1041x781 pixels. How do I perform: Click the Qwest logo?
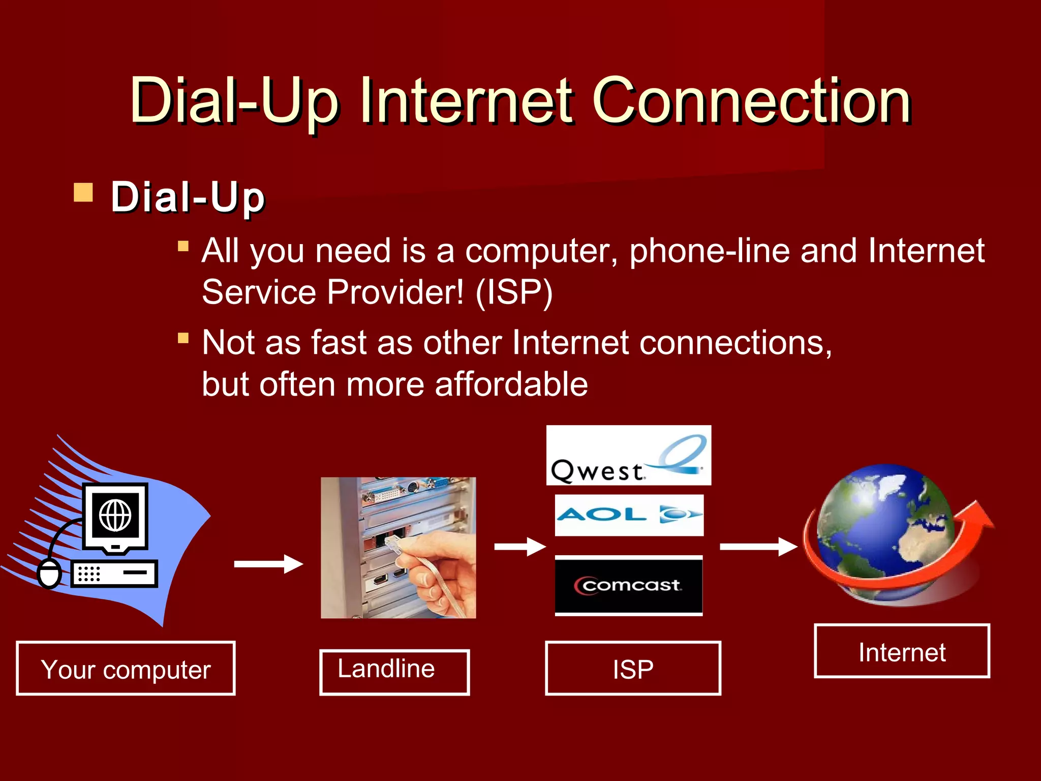(628, 456)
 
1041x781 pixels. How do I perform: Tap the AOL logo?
(629, 515)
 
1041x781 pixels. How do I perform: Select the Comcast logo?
(629, 585)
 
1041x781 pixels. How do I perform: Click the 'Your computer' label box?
(126, 669)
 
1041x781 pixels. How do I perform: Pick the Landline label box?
(394, 672)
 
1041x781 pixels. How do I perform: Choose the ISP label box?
(633, 669)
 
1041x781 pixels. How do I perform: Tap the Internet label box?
(902, 651)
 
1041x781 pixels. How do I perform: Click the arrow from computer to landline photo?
(268, 564)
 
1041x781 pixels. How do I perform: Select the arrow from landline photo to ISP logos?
(519, 547)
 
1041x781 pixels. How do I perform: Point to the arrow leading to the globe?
(758, 547)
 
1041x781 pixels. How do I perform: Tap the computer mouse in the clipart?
(49, 574)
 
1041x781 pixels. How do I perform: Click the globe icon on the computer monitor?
(115, 515)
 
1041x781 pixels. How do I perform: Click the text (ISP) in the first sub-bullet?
(514, 292)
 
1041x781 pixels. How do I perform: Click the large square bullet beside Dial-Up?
(83, 193)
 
